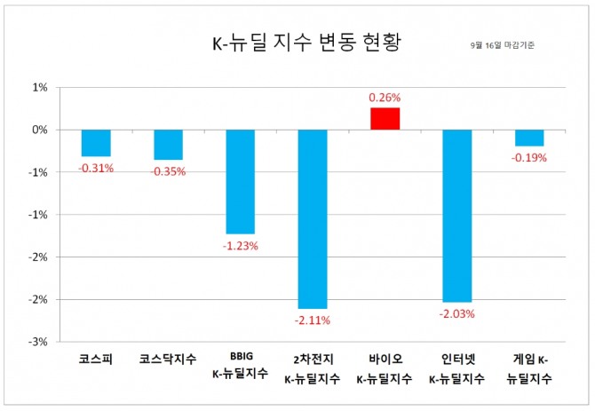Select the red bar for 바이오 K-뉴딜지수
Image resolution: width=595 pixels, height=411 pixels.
coord(385,119)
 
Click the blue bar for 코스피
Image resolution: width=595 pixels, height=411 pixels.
coord(96,143)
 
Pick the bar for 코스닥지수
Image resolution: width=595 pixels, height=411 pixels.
coord(168,145)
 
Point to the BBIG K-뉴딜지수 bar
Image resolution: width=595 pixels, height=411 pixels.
coord(240,181)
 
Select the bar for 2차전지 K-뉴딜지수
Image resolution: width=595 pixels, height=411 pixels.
coord(313,218)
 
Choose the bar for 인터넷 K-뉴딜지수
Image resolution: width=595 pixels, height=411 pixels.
coord(457,216)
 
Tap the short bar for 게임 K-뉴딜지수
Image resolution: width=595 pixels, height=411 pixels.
coord(529,138)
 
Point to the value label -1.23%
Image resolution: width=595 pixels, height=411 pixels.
coord(240,246)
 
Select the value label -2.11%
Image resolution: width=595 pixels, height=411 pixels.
coord(313,320)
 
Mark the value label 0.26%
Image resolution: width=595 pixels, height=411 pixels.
coord(385,98)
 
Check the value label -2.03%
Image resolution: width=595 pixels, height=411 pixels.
coord(457,313)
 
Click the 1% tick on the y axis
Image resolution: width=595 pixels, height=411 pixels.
coord(40,88)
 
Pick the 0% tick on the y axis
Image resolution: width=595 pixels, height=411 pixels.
coord(40,130)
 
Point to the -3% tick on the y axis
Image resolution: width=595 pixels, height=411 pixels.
coord(38,342)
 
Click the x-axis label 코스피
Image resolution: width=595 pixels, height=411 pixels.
coord(96,360)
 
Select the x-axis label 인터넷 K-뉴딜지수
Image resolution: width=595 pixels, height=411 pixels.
coord(457,369)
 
